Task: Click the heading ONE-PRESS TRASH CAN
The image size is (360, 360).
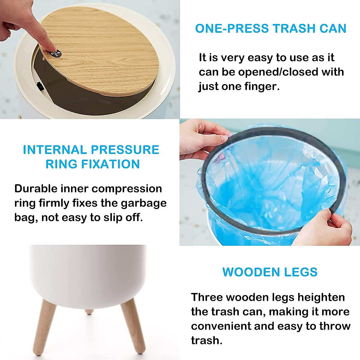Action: [x=271, y=28]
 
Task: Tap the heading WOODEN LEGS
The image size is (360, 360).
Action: [x=270, y=272]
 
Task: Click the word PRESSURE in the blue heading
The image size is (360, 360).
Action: [x=125, y=150]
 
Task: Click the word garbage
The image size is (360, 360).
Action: [x=144, y=203]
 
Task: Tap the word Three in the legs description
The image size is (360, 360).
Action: [x=207, y=297]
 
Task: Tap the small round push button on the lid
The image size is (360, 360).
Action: [x=56, y=54]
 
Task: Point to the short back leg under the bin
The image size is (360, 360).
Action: [x=89, y=312]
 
